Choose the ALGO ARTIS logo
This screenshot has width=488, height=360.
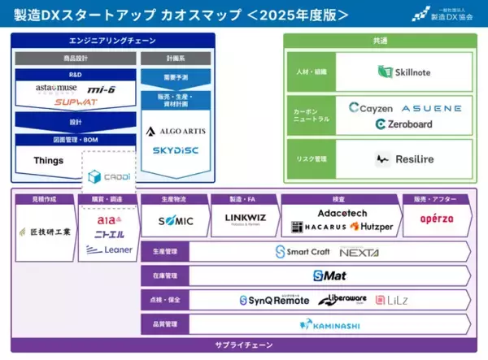point(167,131)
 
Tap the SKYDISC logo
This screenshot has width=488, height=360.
point(167,151)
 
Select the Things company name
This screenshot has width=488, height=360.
point(48,160)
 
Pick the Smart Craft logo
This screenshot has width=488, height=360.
point(302,252)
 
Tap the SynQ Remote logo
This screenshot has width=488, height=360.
point(274,301)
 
